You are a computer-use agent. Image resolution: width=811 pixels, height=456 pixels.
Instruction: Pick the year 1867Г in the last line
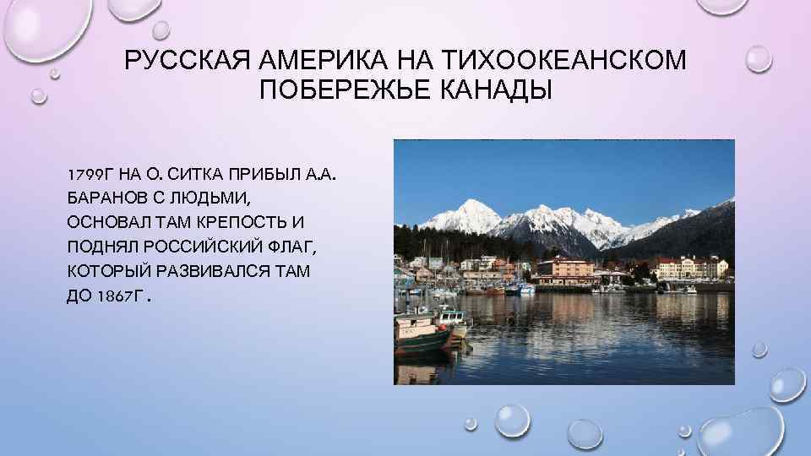(x=126, y=297)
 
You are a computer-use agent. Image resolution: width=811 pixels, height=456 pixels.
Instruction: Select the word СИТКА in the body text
(x=196, y=175)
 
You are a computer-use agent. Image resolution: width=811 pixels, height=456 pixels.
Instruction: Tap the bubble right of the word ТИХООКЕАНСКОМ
(x=758, y=57)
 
